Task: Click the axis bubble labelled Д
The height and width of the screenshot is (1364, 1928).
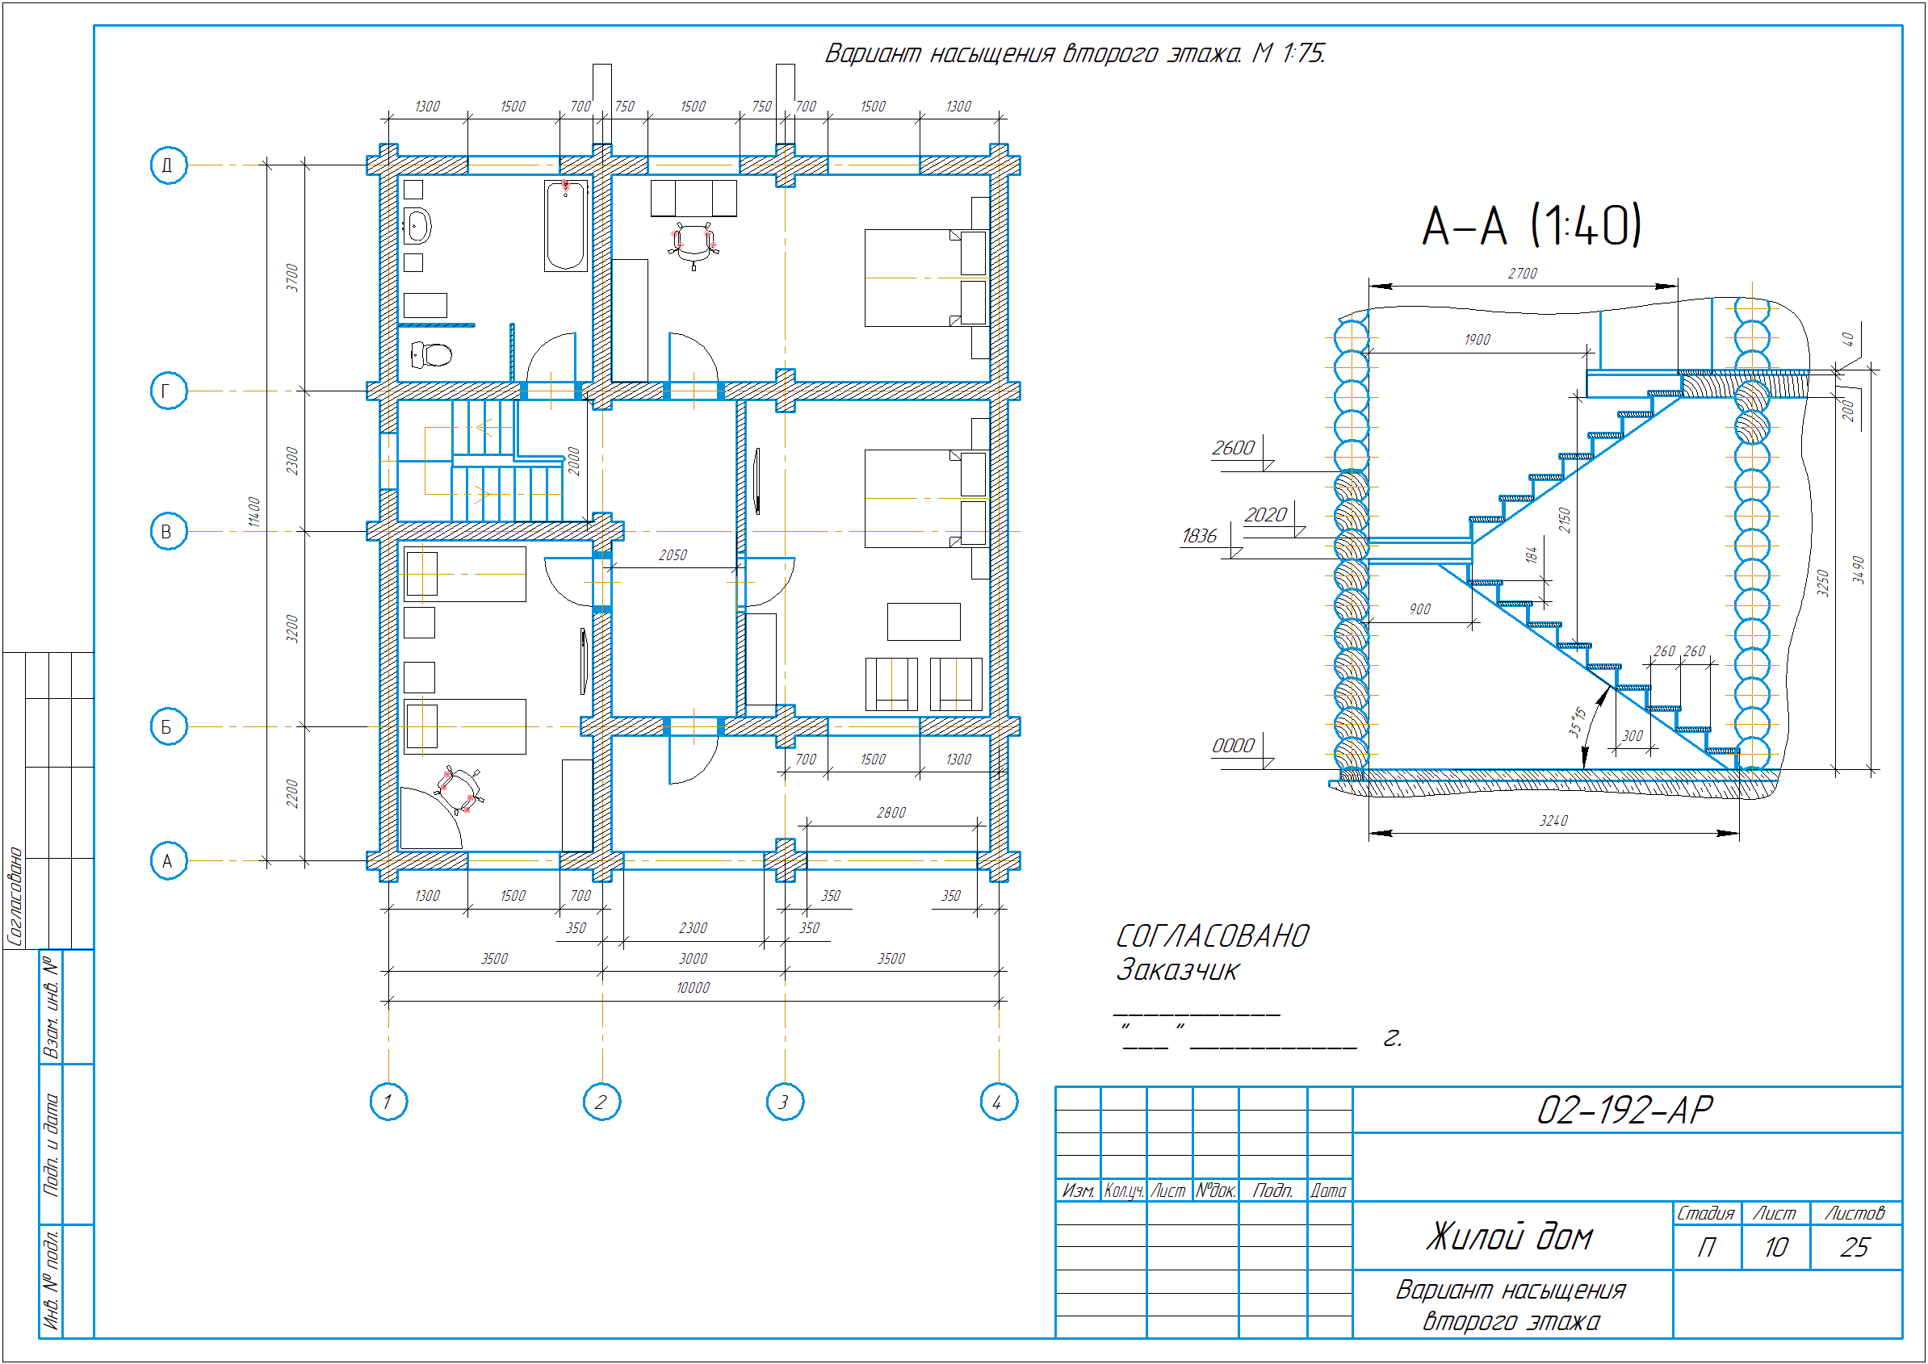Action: (x=168, y=165)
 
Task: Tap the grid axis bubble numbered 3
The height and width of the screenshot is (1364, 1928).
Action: (x=785, y=1101)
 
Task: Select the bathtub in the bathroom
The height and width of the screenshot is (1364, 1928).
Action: (x=565, y=225)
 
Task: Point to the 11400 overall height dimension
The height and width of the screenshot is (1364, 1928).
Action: (x=254, y=513)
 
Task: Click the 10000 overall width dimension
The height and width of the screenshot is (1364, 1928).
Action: (x=693, y=988)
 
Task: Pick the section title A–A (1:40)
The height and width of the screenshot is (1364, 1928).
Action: (x=1532, y=225)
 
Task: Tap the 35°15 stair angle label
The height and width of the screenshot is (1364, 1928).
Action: (x=1577, y=722)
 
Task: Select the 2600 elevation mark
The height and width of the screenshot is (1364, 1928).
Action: (x=1233, y=448)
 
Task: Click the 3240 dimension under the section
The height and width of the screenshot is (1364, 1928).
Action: (x=1553, y=821)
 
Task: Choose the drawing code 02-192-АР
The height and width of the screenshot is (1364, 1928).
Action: (x=1624, y=1111)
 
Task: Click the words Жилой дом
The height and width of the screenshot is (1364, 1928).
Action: (x=1510, y=1236)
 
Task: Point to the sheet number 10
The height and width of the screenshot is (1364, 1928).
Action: (x=1776, y=1247)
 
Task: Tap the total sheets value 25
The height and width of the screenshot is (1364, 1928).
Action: (x=1855, y=1247)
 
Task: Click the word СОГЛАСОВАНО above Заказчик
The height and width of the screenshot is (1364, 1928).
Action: (x=1212, y=935)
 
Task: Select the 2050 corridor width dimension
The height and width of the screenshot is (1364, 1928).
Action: (x=673, y=555)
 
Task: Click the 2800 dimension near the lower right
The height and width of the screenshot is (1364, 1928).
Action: (x=891, y=812)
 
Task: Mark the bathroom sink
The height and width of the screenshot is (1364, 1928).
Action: (x=417, y=226)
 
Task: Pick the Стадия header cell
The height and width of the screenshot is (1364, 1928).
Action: (x=1706, y=1213)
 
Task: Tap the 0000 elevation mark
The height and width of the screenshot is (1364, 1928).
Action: (x=1233, y=746)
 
